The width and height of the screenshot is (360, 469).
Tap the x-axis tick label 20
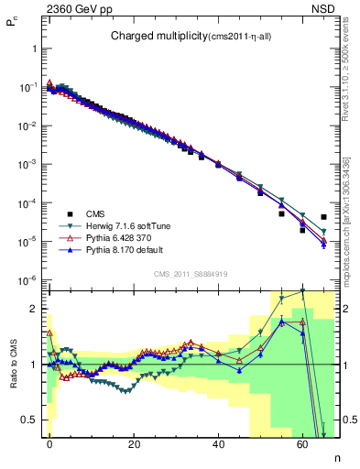(x=134, y=444)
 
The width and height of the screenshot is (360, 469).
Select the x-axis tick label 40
(x=218, y=444)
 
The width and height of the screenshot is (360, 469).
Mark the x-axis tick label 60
(x=302, y=444)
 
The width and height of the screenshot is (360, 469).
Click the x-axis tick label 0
(x=49, y=444)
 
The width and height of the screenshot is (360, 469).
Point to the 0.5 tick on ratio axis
(x=29, y=420)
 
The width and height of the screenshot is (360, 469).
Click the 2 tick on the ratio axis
(x=33, y=309)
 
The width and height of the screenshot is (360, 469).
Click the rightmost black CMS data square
(x=323, y=217)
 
